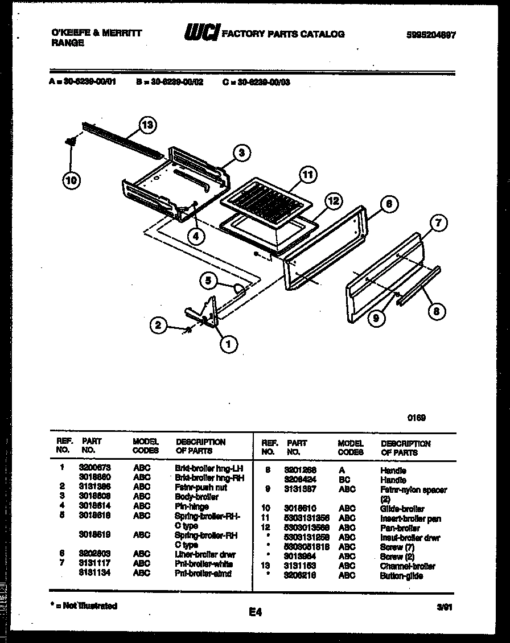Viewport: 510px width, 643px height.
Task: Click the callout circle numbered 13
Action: [148, 126]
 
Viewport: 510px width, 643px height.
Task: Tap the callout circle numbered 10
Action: [72, 180]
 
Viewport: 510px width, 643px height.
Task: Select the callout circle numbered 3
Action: [241, 152]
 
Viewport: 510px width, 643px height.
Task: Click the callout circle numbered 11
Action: [307, 176]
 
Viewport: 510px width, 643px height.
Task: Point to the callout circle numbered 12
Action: [334, 200]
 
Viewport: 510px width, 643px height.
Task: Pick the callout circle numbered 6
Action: [388, 204]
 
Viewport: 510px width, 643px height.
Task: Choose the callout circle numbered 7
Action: [437, 224]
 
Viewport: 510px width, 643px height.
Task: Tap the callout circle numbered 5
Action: [209, 279]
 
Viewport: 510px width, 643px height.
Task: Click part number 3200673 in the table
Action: [94, 468]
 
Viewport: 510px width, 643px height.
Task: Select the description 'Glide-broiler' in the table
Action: [402, 509]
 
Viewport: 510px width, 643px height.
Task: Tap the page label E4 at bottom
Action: [254, 612]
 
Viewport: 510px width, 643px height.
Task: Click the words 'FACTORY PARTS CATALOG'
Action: [282, 34]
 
